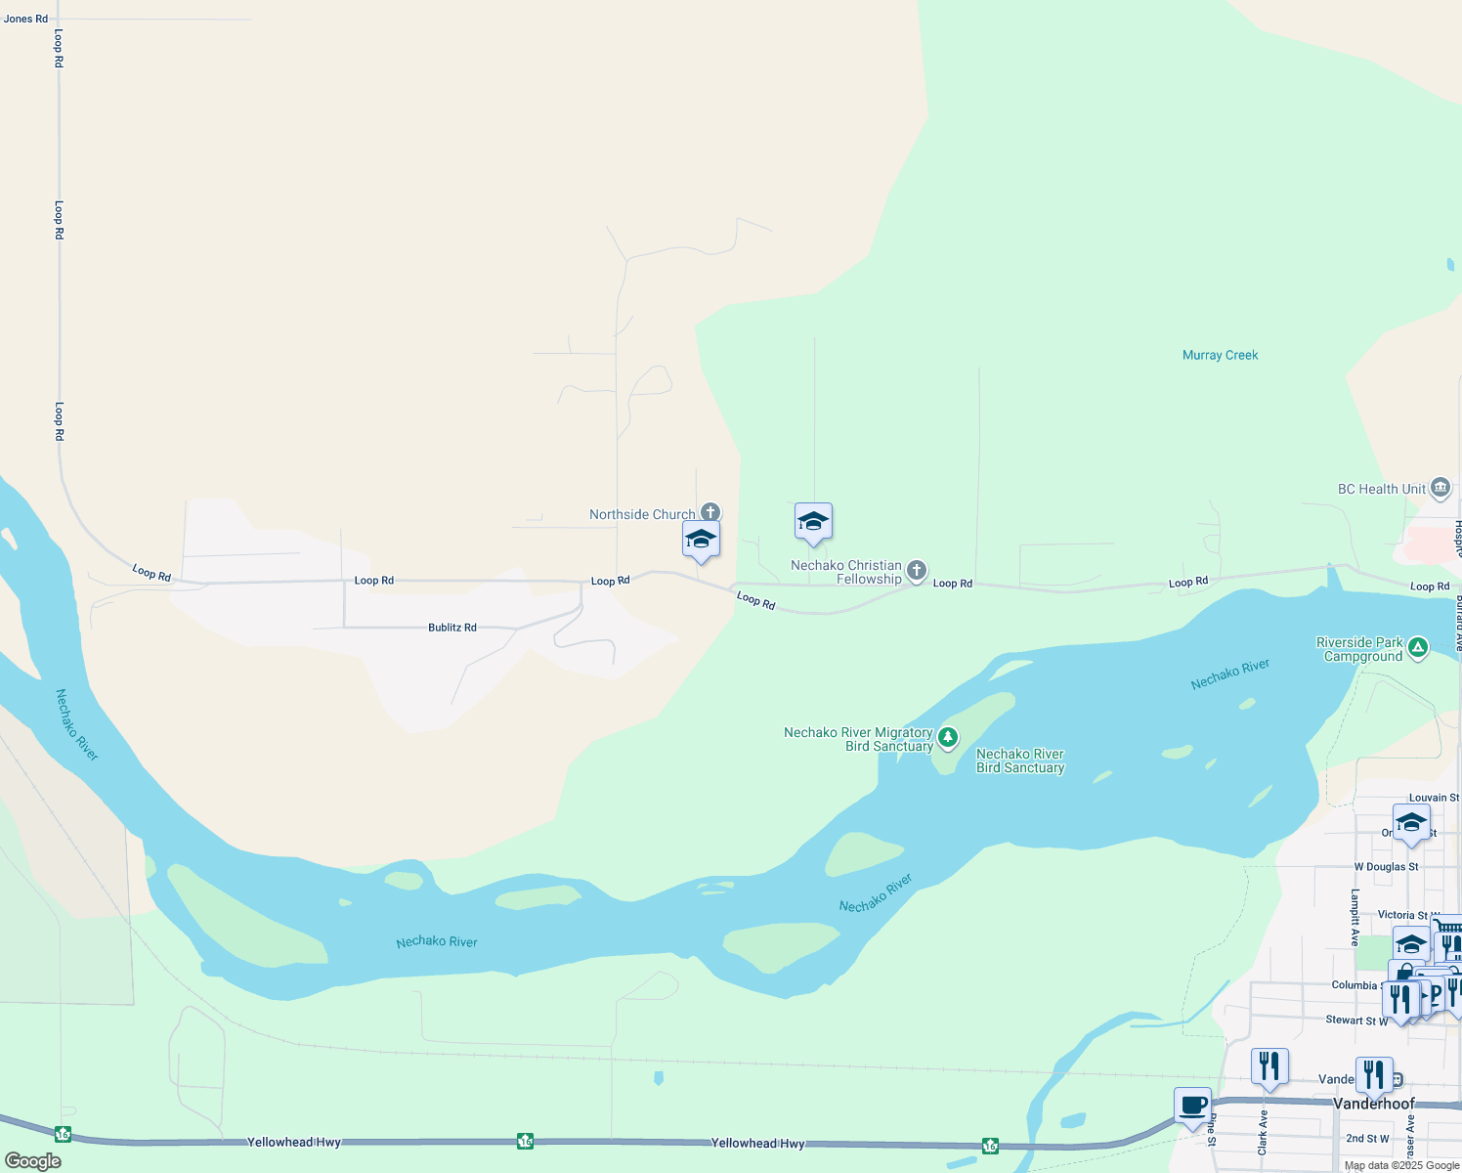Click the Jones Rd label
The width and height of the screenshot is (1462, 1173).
point(25,19)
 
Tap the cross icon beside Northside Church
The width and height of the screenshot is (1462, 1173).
point(710,512)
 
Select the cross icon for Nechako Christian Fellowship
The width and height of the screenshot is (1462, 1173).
point(916,570)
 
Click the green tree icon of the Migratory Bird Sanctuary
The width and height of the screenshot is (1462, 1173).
point(947,736)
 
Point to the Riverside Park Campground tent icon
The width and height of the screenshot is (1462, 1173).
point(1417,647)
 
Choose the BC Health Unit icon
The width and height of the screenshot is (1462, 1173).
point(1440,488)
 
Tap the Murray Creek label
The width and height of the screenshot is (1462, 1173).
point(1220,355)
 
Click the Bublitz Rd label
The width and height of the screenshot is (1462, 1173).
point(451,627)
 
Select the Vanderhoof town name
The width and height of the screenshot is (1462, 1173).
point(1373,1104)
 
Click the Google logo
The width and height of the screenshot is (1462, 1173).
point(33,1160)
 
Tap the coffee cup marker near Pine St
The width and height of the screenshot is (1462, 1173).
point(1192,1107)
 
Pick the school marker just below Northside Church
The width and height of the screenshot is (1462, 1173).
point(701,540)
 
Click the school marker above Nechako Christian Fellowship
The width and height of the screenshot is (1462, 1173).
point(813,522)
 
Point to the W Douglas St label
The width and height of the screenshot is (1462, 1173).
point(1386,867)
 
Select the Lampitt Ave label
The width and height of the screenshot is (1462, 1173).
point(1354,917)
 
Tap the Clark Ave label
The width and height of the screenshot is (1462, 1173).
point(1263,1132)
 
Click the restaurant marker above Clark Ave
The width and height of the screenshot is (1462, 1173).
point(1269,1065)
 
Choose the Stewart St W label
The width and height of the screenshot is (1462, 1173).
point(1356,1020)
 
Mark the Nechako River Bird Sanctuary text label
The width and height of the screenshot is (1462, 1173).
point(1019,760)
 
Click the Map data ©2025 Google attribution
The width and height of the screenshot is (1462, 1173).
point(1401,1165)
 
